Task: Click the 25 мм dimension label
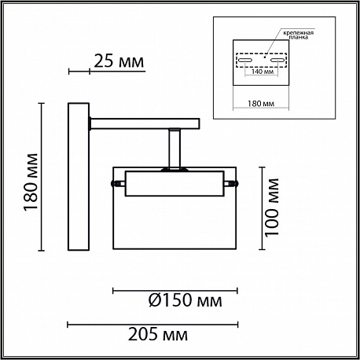tap(119, 61)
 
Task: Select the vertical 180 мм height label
tap(31, 182)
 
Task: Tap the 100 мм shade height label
tap(271, 208)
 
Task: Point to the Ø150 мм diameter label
tap(186, 300)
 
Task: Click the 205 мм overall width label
tap(158, 334)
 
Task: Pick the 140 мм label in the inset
tap(261, 72)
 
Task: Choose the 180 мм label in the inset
tap(261, 104)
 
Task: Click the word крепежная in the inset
tap(299, 33)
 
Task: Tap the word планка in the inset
tap(299, 37)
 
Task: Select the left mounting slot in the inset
tap(244, 60)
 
